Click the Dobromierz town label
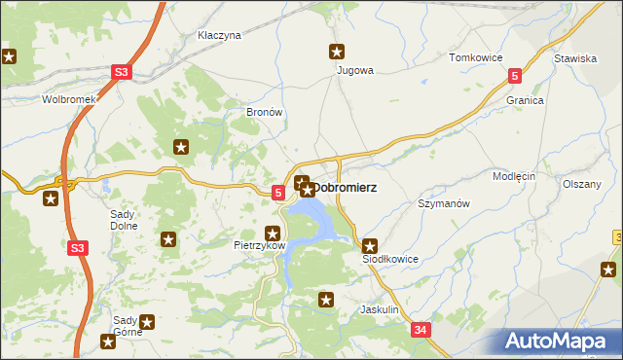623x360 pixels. coord(345,187)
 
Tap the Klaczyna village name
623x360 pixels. coord(219,35)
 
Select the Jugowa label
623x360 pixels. coord(354,70)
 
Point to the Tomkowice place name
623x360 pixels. coord(474,57)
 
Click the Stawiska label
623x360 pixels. coord(574,58)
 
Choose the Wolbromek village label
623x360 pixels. coord(67,99)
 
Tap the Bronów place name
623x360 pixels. coord(264,112)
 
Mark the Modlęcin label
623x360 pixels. coord(514,177)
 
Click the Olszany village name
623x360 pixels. coord(582,184)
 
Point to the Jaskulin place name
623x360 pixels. coord(380,309)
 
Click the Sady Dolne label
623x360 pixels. coord(125,219)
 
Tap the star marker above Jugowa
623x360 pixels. coord(337,53)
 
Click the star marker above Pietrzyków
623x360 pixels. coord(274,234)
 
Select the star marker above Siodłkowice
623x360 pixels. coord(369,246)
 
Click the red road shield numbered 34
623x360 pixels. coord(421,331)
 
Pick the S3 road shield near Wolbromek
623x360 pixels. coord(121,72)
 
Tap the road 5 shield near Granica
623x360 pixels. coord(515,75)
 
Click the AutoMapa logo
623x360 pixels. coord(559,341)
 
